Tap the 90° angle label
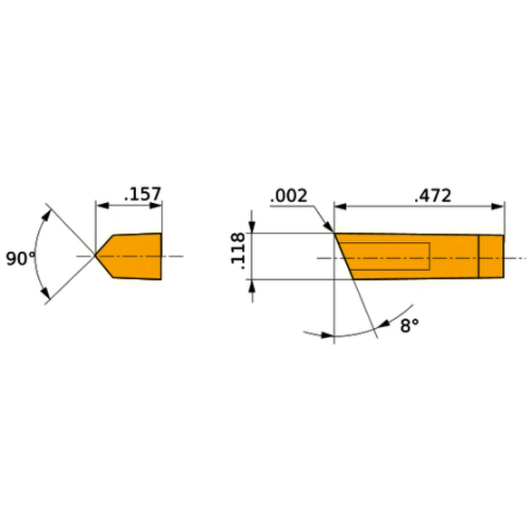coord(20,258)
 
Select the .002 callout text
coord(289,196)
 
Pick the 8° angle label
coord(409,324)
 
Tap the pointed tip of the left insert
coord(96,256)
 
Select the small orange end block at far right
coord(490,256)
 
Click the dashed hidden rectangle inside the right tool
coord(390,256)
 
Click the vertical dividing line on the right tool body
coord(478,256)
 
